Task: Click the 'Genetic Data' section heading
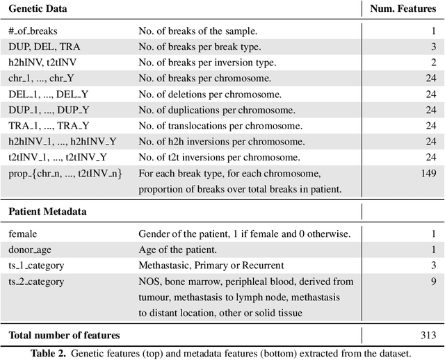coord(38,8)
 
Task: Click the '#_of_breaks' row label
coord(33,31)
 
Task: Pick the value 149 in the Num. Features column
coord(428,173)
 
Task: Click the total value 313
coord(428,335)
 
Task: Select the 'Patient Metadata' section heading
coord(47,211)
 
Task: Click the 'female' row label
coord(23,234)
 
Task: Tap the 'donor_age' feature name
coord(31,249)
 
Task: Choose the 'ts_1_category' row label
coord(36,265)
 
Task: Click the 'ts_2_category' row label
coord(36,281)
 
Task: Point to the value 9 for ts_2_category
coord(432,281)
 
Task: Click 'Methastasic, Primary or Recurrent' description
coord(211,265)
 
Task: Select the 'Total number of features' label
coord(64,335)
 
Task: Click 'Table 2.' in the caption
coord(52,353)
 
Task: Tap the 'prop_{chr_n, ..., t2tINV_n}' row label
coord(65,173)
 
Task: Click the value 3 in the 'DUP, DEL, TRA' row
coord(432,47)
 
